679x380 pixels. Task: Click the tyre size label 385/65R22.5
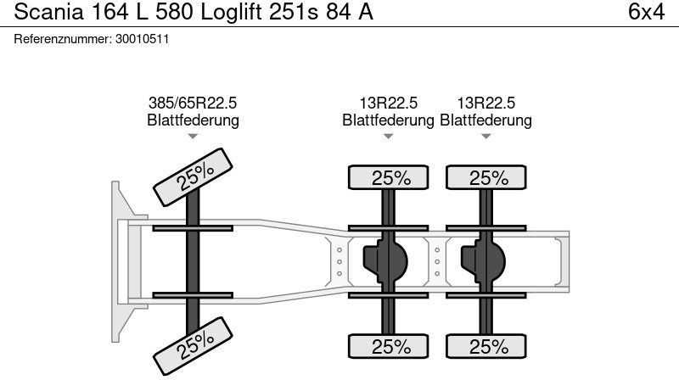[x=193, y=103]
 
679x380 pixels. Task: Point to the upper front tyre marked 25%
[x=194, y=177]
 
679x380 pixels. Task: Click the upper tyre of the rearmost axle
[x=487, y=178]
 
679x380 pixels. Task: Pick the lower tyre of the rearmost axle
[x=487, y=346]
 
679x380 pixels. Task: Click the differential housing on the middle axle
[x=386, y=262]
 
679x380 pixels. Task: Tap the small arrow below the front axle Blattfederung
[x=193, y=136]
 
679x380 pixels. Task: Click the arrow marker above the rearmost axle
[x=486, y=136]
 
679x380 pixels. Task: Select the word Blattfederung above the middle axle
[x=389, y=120]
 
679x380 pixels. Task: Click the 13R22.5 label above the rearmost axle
[x=486, y=103]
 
